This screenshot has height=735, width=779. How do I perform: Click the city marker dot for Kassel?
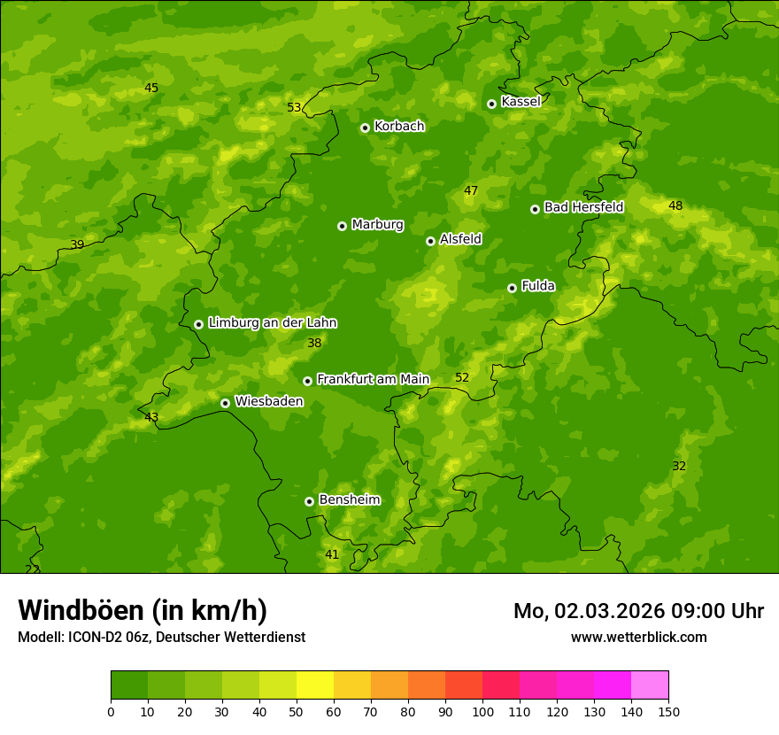point(491,104)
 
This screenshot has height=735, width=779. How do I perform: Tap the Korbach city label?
point(399,127)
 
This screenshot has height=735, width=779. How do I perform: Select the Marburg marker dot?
point(342,226)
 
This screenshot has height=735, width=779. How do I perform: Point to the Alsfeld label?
point(460,239)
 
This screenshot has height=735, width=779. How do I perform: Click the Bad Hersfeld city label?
point(583,208)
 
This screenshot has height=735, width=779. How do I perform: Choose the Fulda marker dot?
point(512,288)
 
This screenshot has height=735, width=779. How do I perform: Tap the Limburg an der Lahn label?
point(272,323)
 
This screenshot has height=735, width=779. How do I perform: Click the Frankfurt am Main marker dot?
point(307,381)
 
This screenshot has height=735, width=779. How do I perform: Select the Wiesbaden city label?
point(269,402)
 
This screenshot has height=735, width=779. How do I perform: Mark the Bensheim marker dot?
point(309,501)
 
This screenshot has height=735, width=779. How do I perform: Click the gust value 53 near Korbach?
point(294,108)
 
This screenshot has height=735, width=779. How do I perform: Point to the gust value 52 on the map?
point(462,378)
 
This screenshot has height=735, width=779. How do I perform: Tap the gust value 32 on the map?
point(679,467)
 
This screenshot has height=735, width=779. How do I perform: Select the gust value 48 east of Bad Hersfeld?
point(675,206)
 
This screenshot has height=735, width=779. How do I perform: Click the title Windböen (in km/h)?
point(143,610)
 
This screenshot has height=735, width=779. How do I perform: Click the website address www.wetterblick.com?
point(638,638)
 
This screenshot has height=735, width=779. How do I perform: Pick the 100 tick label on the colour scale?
point(482,711)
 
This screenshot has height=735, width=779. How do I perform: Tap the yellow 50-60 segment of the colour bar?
point(315,685)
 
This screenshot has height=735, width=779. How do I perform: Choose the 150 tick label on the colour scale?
point(668,711)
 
